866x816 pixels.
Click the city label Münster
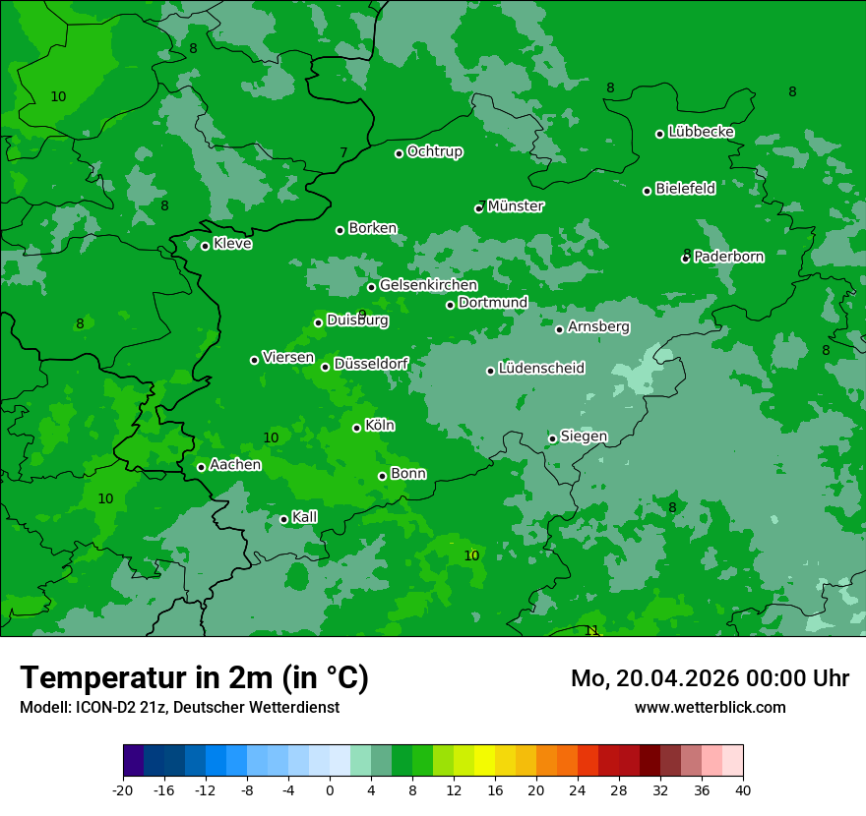click(516, 206)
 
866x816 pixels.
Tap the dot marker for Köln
click(356, 428)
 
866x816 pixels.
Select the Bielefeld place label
click(685, 189)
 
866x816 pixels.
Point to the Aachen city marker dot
click(201, 467)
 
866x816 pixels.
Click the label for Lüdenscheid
click(541, 369)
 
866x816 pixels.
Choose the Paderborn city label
click(728, 257)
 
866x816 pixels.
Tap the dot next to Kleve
click(205, 246)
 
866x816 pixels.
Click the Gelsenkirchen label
click(428, 285)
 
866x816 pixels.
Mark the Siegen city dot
click(552, 438)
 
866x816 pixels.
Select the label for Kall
click(305, 517)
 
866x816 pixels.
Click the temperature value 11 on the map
click(591, 630)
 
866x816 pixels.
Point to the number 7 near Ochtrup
click(343, 152)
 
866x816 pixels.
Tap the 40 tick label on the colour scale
click(743, 789)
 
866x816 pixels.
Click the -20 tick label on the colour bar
click(123, 789)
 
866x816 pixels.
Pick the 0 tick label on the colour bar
click(330, 789)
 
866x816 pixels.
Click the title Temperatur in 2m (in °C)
click(194, 678)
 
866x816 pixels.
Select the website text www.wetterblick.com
click(710, 707)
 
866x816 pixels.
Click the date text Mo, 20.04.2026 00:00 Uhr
click(710, 679)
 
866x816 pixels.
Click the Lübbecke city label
click(701, 132)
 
